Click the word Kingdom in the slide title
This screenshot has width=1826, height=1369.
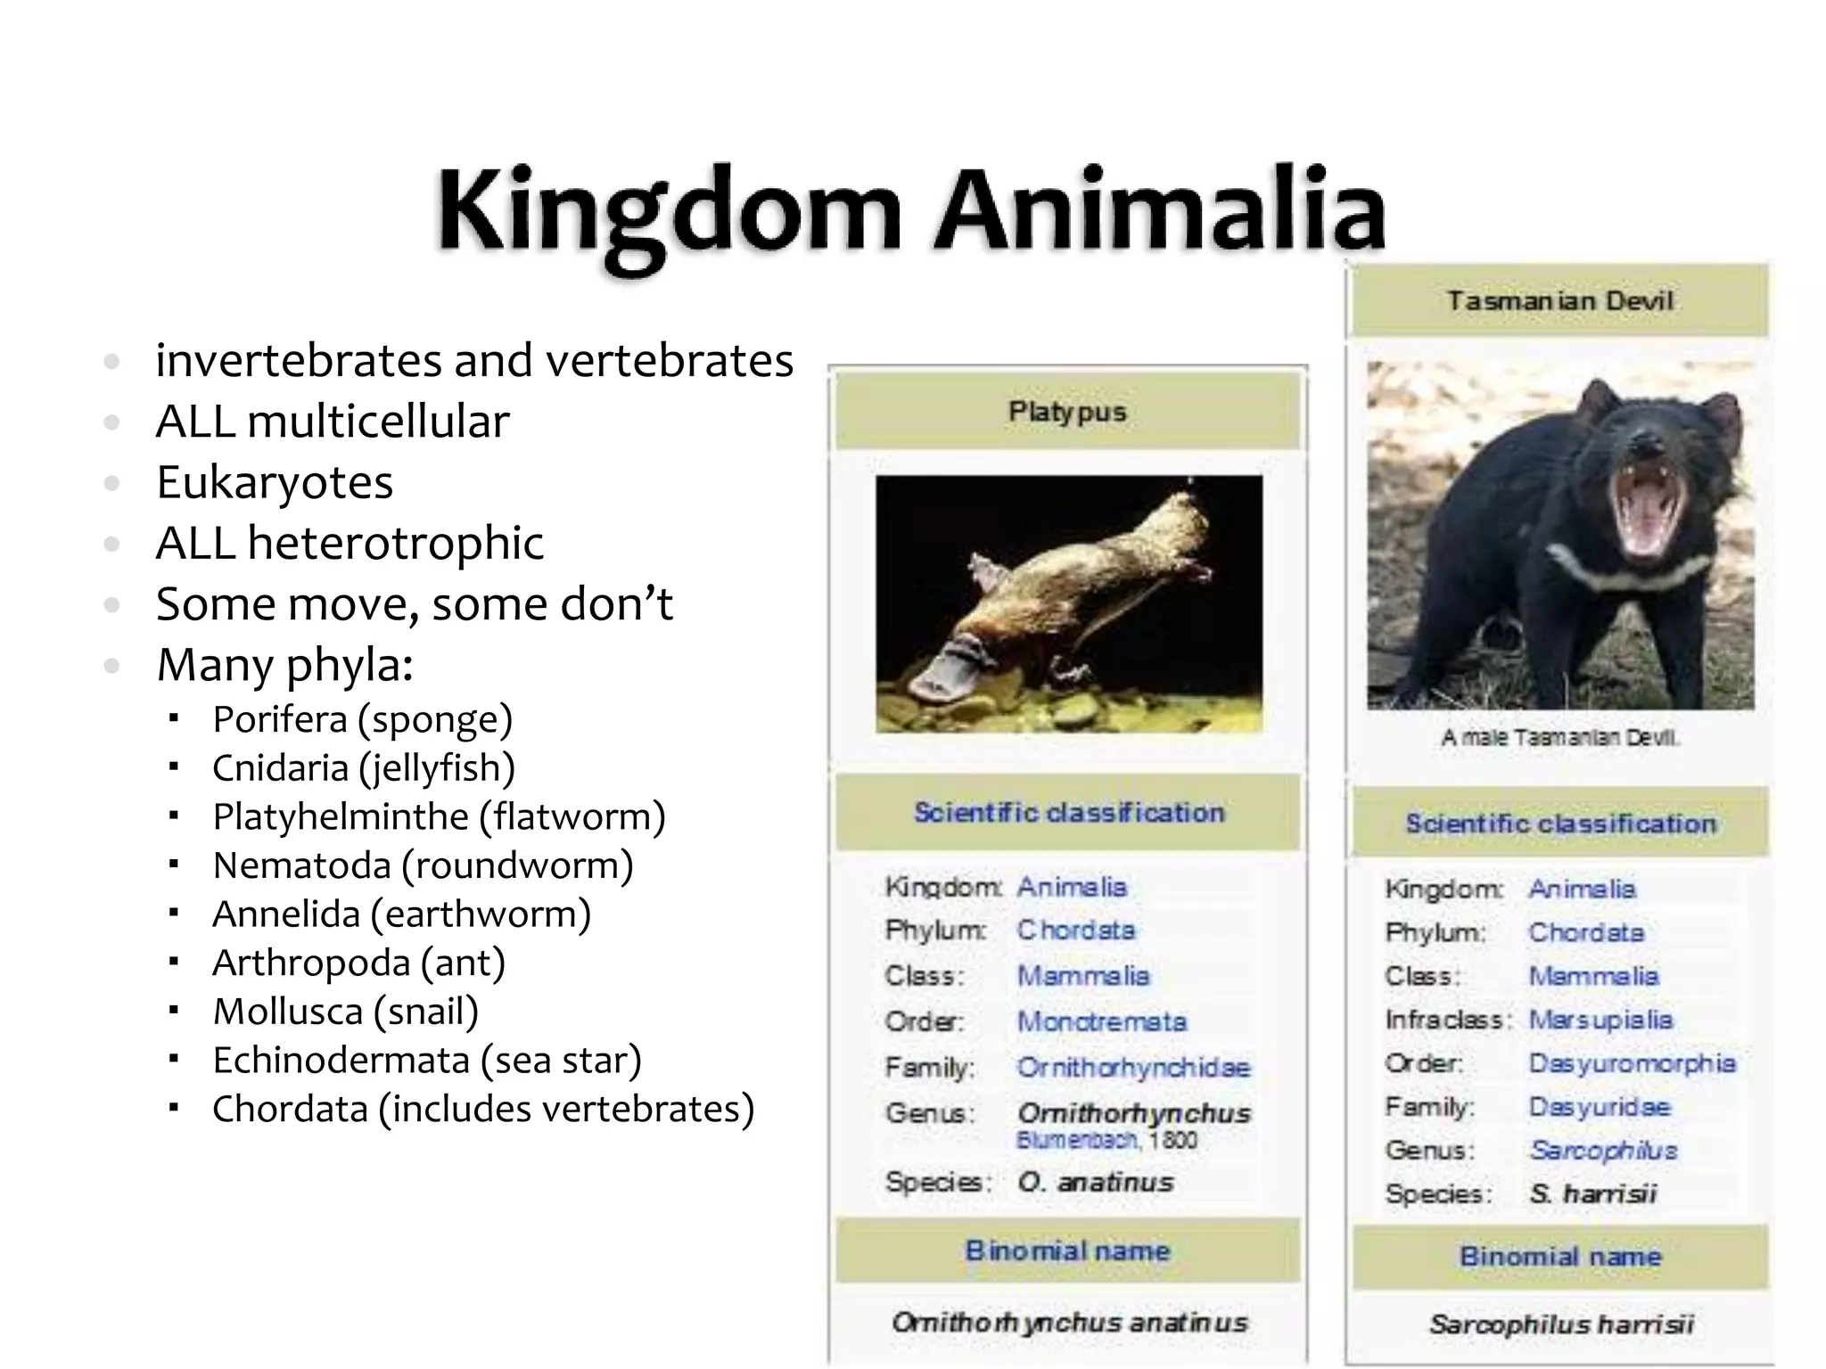pos(669,212)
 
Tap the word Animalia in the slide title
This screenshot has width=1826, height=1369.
pos(1159,210)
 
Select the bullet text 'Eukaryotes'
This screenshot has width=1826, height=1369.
pos(275,483)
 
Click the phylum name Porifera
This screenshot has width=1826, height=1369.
pos(279,719)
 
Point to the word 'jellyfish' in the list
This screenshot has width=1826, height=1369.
pos(437,768)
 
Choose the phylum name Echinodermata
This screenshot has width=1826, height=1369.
pos(341,1061)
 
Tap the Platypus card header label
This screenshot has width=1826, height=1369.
pos(1067,412)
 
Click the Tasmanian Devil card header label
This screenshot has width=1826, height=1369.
pos(1559,300)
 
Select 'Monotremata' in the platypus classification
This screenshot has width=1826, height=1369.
pos(1102,1021)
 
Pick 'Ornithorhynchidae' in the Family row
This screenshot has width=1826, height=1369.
pos(1133,1067)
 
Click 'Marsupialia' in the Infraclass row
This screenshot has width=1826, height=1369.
pos(1600,1020)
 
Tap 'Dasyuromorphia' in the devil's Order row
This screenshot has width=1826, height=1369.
pos(1632,1063)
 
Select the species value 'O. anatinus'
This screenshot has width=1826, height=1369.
pos(1095,1183)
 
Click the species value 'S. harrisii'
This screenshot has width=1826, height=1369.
pos(1592,1193)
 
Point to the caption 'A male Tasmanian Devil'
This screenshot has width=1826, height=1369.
pos(1559,738)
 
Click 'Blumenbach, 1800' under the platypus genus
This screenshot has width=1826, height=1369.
pos(1106,1141)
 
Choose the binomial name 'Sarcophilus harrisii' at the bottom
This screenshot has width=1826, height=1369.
pos(1561,1324)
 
